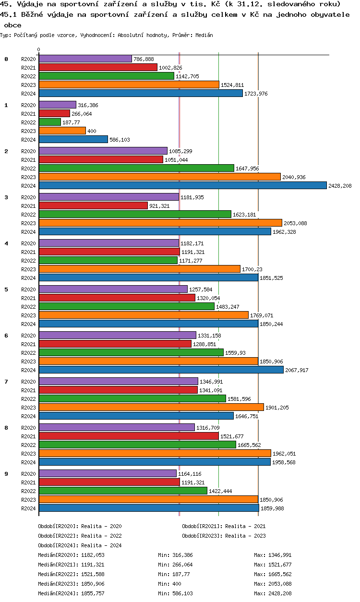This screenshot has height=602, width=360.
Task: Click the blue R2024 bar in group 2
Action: pyautogui.click(x=182, y=185)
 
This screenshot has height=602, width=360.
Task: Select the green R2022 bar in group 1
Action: pyautogui.click(x=49, y=122)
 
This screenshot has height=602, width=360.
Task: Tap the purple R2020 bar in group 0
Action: pyautogui.click(x=85, y=59)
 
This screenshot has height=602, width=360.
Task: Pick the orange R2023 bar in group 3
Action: pyautogui.click(x=160, y=223)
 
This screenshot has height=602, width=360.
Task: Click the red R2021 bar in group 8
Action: pyautogui.click(x=129, y=436)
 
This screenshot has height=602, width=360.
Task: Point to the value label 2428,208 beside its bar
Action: pyautogui.click(x=340, y=186)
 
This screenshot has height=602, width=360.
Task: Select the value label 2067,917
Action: pyautogui.click(x=297, y=370)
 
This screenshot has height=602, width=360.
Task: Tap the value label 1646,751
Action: pyautogui.click(x=247, y=416)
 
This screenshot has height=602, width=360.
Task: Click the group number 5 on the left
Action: pyautogui.click(x=6, y=289)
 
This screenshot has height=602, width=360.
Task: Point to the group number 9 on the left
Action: pyautogui.click(x=6, y=474)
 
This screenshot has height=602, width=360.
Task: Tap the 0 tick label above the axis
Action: pyautogui.click(x=38, y=49)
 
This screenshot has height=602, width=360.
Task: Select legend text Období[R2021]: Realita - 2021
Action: pyautogui.click(x=224, y=526)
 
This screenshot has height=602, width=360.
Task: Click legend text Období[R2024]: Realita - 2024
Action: pyautogui.click(x=80, y=545)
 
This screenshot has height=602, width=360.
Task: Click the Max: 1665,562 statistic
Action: pyautogui.click(x=273, y=574)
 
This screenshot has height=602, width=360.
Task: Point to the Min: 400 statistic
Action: pyautogui.click(x=168, y=584)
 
